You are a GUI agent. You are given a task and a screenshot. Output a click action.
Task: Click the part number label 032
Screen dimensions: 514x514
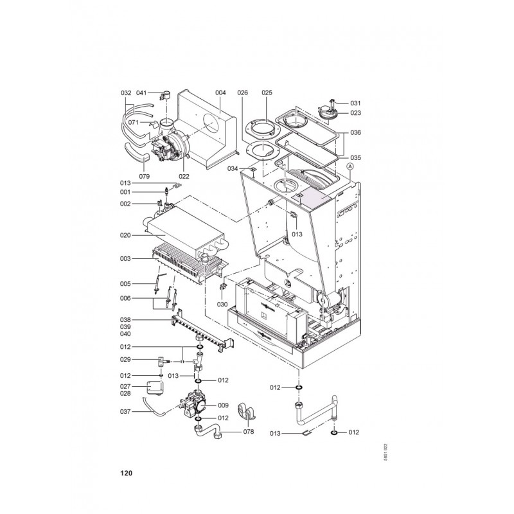(126, 93)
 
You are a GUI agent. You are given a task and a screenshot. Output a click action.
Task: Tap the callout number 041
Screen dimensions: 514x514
(141, 93)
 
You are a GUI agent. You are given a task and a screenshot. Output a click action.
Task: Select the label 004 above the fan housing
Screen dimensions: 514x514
(220, 93)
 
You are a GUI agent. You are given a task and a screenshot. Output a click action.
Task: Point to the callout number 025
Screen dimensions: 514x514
(267, 93)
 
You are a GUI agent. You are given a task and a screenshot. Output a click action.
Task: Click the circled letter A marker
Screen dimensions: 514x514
(350, 166)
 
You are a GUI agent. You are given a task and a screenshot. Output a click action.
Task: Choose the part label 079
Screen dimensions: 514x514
(144, 176)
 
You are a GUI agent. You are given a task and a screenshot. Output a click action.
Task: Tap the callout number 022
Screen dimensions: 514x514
(184, 176)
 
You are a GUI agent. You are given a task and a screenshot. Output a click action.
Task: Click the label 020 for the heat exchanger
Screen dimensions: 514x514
(125, 235)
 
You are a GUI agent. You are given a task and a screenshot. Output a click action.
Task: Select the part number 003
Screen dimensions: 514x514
(125, 259)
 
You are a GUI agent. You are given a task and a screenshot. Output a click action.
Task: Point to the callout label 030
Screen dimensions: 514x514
(222, 304)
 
